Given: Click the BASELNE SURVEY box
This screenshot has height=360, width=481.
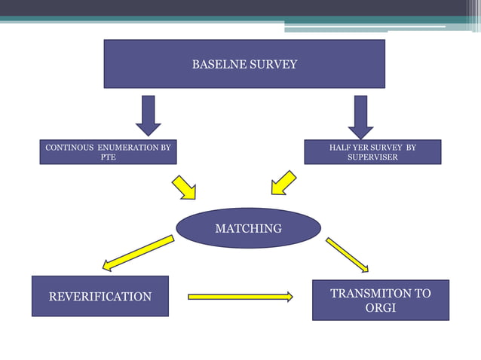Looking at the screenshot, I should point(244,64).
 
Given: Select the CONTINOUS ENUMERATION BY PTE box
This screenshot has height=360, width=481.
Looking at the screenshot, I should point(108,152).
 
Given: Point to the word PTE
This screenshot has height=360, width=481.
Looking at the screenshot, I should point(108,157).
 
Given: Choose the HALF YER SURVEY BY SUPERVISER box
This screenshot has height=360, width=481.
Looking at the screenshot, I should point(372,152).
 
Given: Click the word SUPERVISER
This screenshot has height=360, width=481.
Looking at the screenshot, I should point(372,157).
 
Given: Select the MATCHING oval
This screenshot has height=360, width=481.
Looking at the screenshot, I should point(249,228).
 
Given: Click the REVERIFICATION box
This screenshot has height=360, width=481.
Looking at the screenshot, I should point(100,296).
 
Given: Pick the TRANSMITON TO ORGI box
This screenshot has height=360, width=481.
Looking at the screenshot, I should point(381,300).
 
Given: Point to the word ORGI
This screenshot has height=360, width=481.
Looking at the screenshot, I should point(381,308).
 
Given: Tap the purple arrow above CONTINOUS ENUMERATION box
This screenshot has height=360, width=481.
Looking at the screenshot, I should point(149,116).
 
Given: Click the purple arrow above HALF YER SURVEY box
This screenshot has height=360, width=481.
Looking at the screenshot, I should point(360,116).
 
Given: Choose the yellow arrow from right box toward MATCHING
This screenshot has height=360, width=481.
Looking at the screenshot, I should point(283,183).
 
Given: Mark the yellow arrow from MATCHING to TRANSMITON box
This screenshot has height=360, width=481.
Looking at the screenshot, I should point(347,255).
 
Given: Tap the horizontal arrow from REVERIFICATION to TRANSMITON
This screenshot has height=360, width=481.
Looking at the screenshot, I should point(240,297).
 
